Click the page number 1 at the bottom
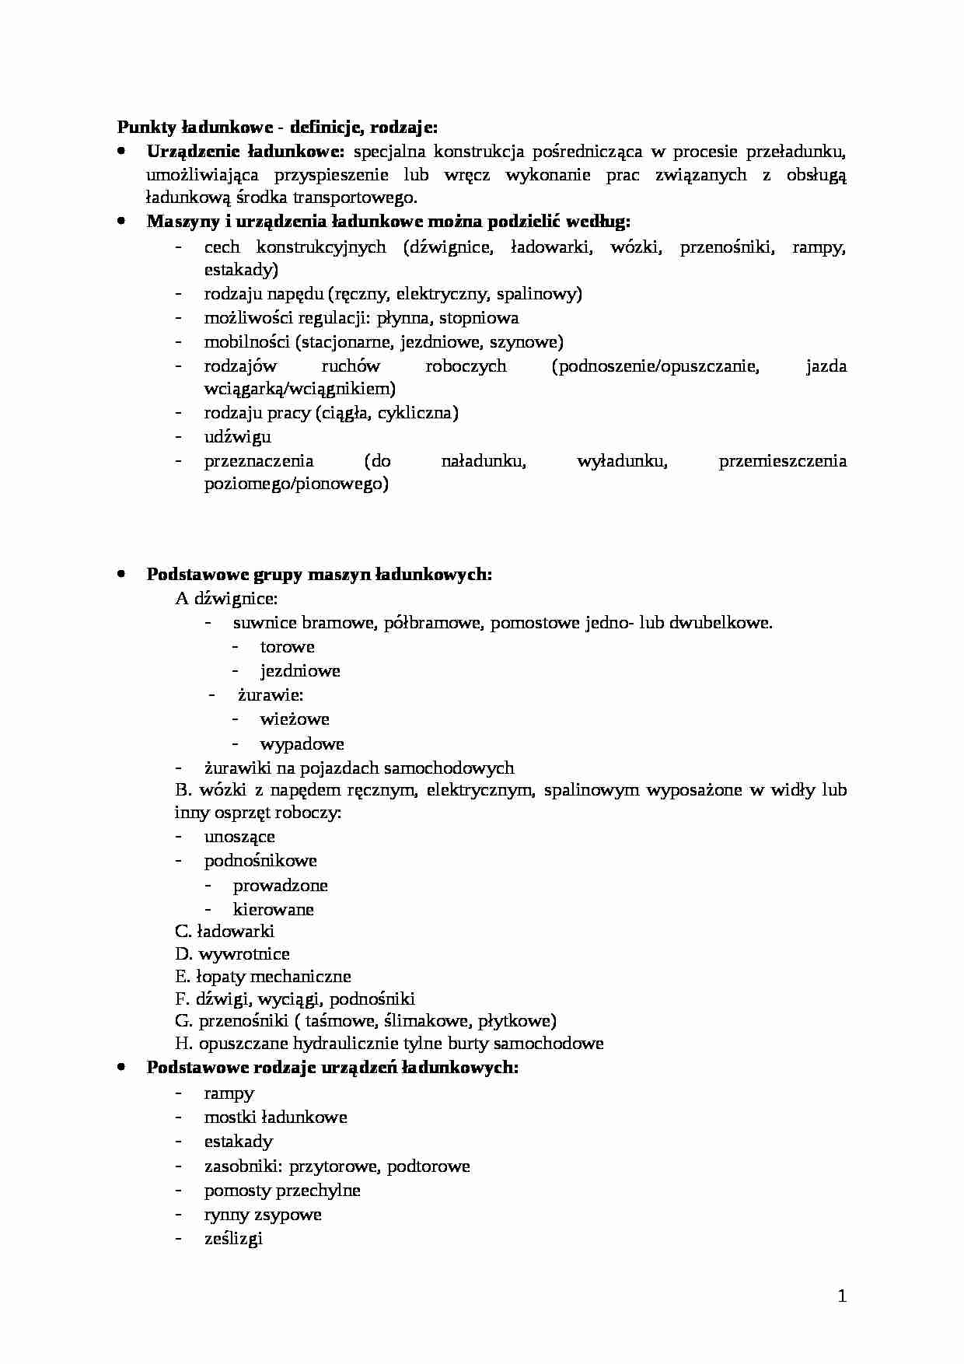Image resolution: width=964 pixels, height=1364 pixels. point(842,1296)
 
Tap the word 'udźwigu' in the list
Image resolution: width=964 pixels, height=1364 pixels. point(237,436)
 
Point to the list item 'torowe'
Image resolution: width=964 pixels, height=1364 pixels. point(287,646)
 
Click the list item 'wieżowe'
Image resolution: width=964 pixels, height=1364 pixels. point(295,719)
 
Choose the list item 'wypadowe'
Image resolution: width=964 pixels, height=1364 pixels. point(302,743)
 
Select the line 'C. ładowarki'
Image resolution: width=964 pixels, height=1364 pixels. point(225,931)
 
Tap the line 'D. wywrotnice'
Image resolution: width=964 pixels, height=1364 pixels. point(232,953)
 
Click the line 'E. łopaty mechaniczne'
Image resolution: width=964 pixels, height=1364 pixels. point(263,976)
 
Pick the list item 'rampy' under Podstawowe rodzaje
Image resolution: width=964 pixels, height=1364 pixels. point(229,1093)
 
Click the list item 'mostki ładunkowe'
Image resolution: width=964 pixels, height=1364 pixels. point(275,1117)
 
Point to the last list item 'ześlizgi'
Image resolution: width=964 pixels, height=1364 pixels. point(233,1238)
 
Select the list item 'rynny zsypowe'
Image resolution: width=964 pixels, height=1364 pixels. point(262,1214)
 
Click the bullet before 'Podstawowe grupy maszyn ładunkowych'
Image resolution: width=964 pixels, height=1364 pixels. point(121,574)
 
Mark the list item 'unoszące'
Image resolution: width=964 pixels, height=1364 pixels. point(239,836)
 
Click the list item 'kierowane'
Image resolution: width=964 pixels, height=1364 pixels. point(273,909)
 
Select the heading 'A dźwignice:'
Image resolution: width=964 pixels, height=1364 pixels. point(226,598)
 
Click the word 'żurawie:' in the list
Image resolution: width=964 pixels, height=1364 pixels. point(271,694)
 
